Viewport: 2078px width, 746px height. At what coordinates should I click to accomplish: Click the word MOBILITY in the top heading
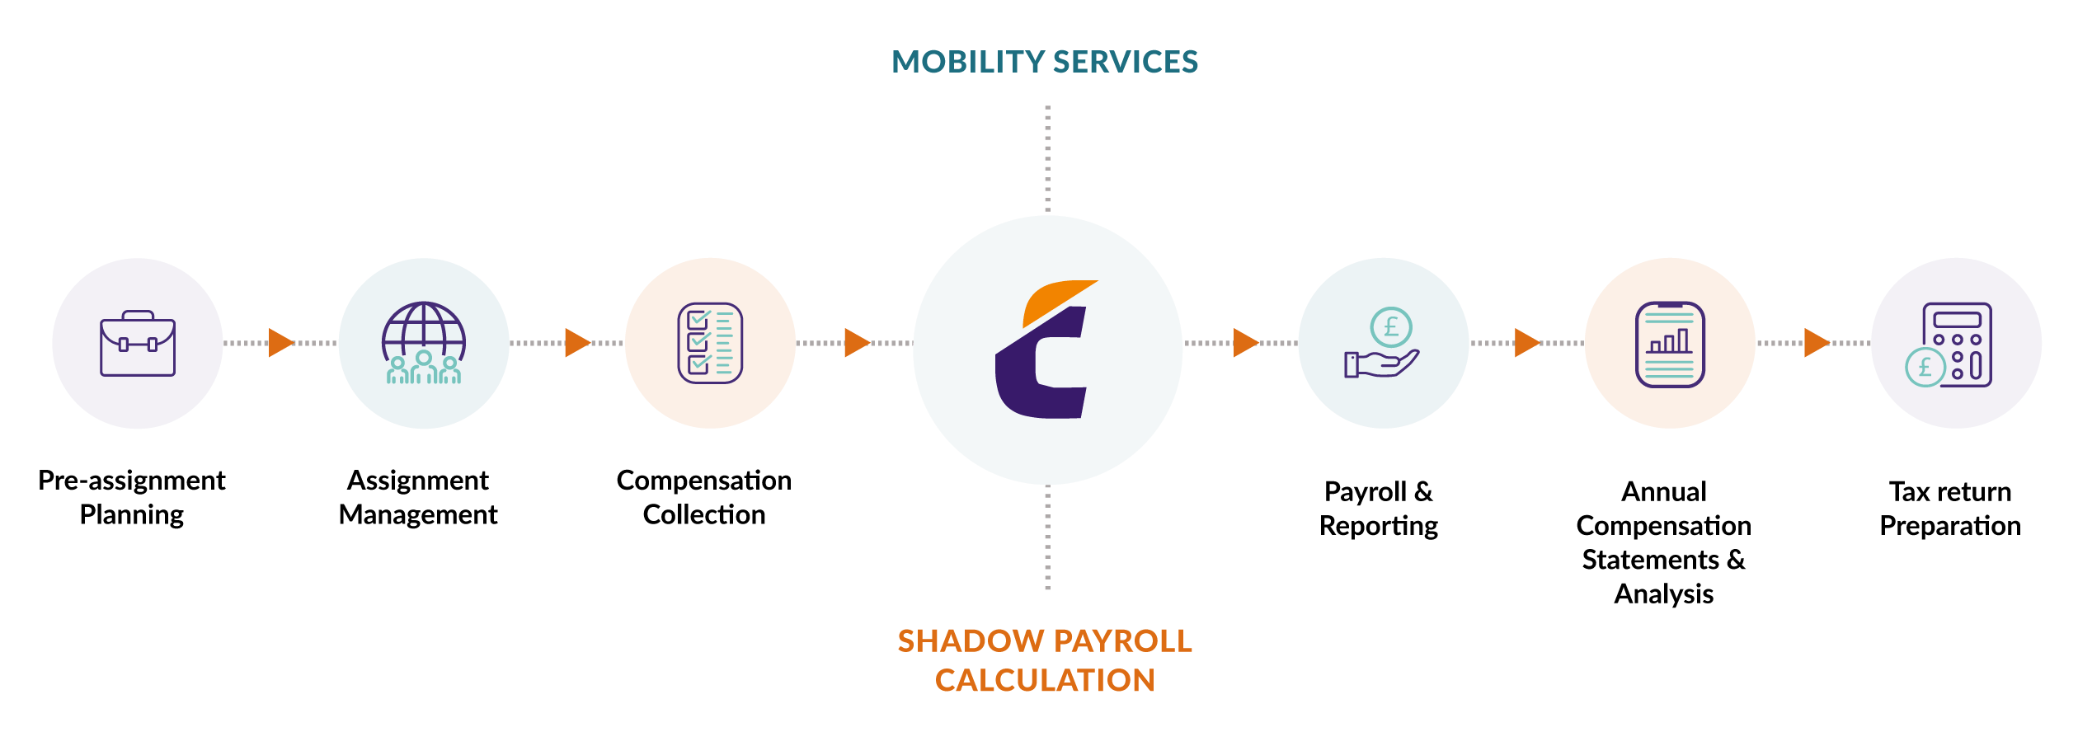coord(969,63)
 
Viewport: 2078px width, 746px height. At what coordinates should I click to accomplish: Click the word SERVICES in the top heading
coord(1126,63)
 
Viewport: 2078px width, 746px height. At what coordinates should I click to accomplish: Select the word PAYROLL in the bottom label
coord(1123,641)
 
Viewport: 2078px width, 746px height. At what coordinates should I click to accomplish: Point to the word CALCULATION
coord(1045,681)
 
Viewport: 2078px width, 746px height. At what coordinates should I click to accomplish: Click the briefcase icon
coord(138,344)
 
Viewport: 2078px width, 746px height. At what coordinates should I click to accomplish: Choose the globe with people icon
coord(424,344)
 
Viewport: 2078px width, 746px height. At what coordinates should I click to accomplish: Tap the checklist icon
coord(710,343)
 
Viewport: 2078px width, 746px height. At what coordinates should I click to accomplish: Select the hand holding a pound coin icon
coord(1383,343)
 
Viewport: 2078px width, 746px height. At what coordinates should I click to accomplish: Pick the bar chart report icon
coord(1670,344)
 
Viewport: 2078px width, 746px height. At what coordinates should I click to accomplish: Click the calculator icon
coord(1955,345)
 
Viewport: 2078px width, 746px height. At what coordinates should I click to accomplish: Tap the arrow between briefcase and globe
coord(280,343)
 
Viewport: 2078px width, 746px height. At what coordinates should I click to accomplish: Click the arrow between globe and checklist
coord(576,343)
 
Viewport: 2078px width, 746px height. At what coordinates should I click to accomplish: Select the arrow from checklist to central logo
coord(856,343)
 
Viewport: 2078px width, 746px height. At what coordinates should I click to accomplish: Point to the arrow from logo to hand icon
coord(1245,343)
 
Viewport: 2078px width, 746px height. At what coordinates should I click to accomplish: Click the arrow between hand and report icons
coord(1526,343)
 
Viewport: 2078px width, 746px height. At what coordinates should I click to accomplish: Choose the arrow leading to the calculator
coord(1816,343)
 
